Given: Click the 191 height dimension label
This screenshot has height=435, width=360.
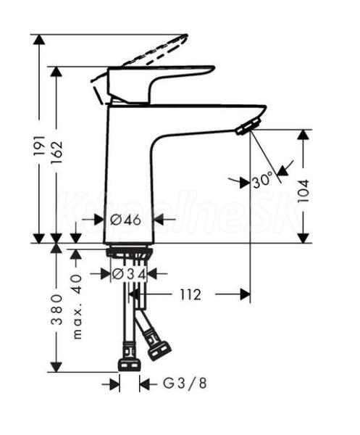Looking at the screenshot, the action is click(39, 146).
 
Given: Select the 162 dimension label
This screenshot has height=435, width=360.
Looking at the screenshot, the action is click(56, 153).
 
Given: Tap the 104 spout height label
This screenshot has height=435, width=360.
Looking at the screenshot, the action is click(304, 191).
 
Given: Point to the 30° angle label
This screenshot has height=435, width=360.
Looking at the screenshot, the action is click(262, 181).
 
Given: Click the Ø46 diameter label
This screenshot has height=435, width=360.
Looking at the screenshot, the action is click(125, 220).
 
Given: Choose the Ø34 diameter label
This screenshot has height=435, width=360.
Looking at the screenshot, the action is click(129, 274).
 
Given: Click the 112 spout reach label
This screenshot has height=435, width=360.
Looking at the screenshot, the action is click(190, 294).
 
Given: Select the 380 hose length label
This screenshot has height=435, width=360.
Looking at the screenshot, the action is click(56, 310).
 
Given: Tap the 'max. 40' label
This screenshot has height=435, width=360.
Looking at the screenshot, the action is click(78, 307).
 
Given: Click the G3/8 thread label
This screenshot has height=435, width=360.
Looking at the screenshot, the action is click(185, 384).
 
